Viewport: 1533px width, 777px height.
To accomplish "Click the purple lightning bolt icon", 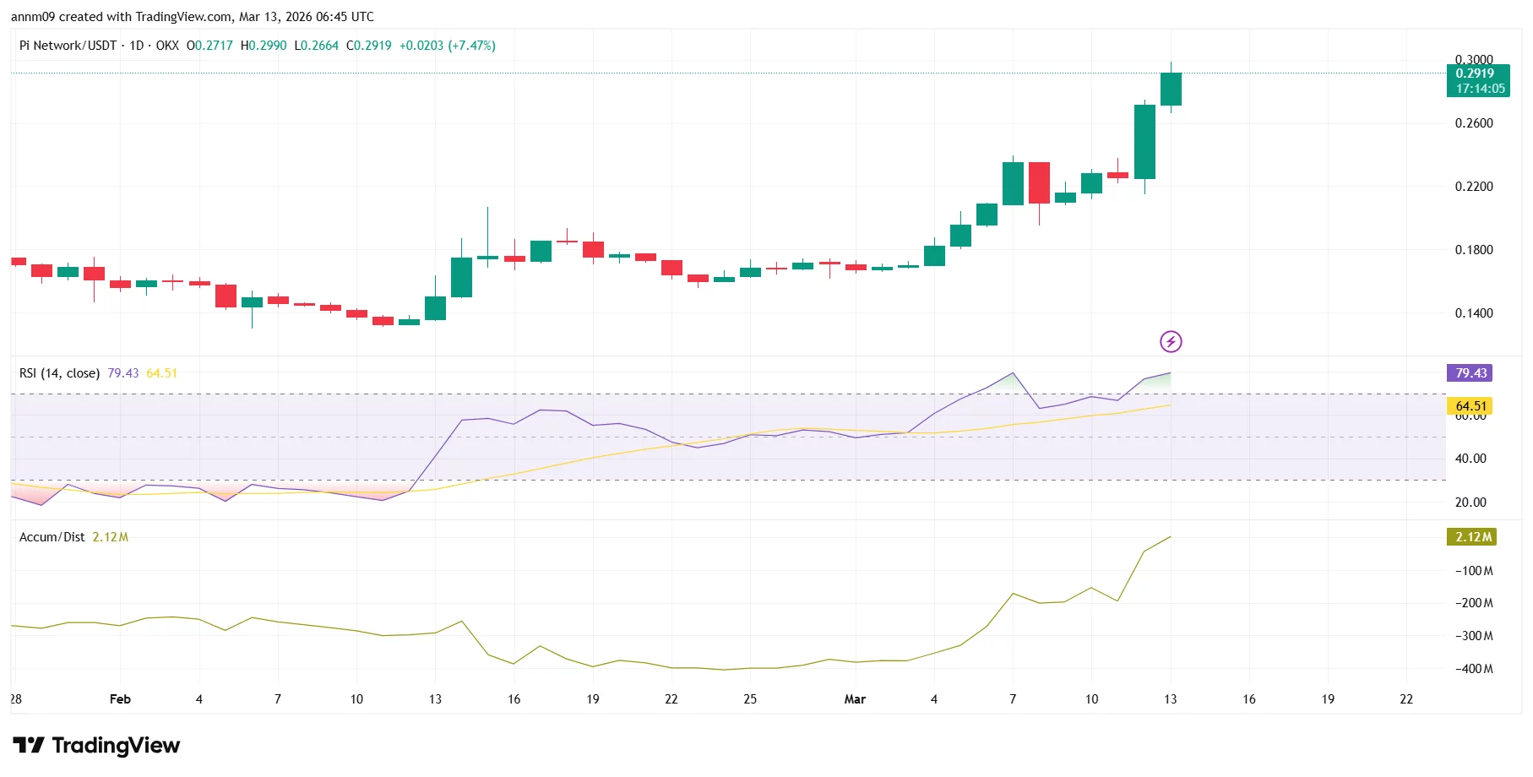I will pos(1170,341).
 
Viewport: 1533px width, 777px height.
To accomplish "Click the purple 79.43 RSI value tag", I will pos(1470,373).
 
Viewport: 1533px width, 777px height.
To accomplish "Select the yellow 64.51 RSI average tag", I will pos(1470,406).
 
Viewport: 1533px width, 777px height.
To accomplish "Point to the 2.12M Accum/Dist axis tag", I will pos(1472,537).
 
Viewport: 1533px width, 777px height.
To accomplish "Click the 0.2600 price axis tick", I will pos(1473,123).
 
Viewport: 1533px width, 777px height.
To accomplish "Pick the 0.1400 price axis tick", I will pos(1473,313).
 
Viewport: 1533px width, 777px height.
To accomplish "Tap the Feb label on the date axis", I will pos(120,699).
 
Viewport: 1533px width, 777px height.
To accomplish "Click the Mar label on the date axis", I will pos(855,699).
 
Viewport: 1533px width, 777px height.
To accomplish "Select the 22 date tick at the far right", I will pos(1405,699).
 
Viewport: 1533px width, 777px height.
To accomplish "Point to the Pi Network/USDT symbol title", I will pos(68,46).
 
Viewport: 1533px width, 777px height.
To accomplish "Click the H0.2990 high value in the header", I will pos(264,46).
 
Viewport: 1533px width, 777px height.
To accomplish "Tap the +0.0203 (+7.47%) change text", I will pos(447,46).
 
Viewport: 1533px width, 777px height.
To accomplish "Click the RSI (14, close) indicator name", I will pos(59,373).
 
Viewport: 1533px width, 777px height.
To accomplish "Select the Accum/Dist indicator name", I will pos(52,537).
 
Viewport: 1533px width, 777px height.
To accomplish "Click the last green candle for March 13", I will pos(1171,89).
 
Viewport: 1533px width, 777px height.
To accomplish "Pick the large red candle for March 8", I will pos(1039,182).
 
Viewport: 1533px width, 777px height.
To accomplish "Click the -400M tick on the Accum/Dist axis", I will pos(1473,669).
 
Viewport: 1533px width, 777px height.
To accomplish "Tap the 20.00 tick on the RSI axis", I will pos(1470,503).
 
